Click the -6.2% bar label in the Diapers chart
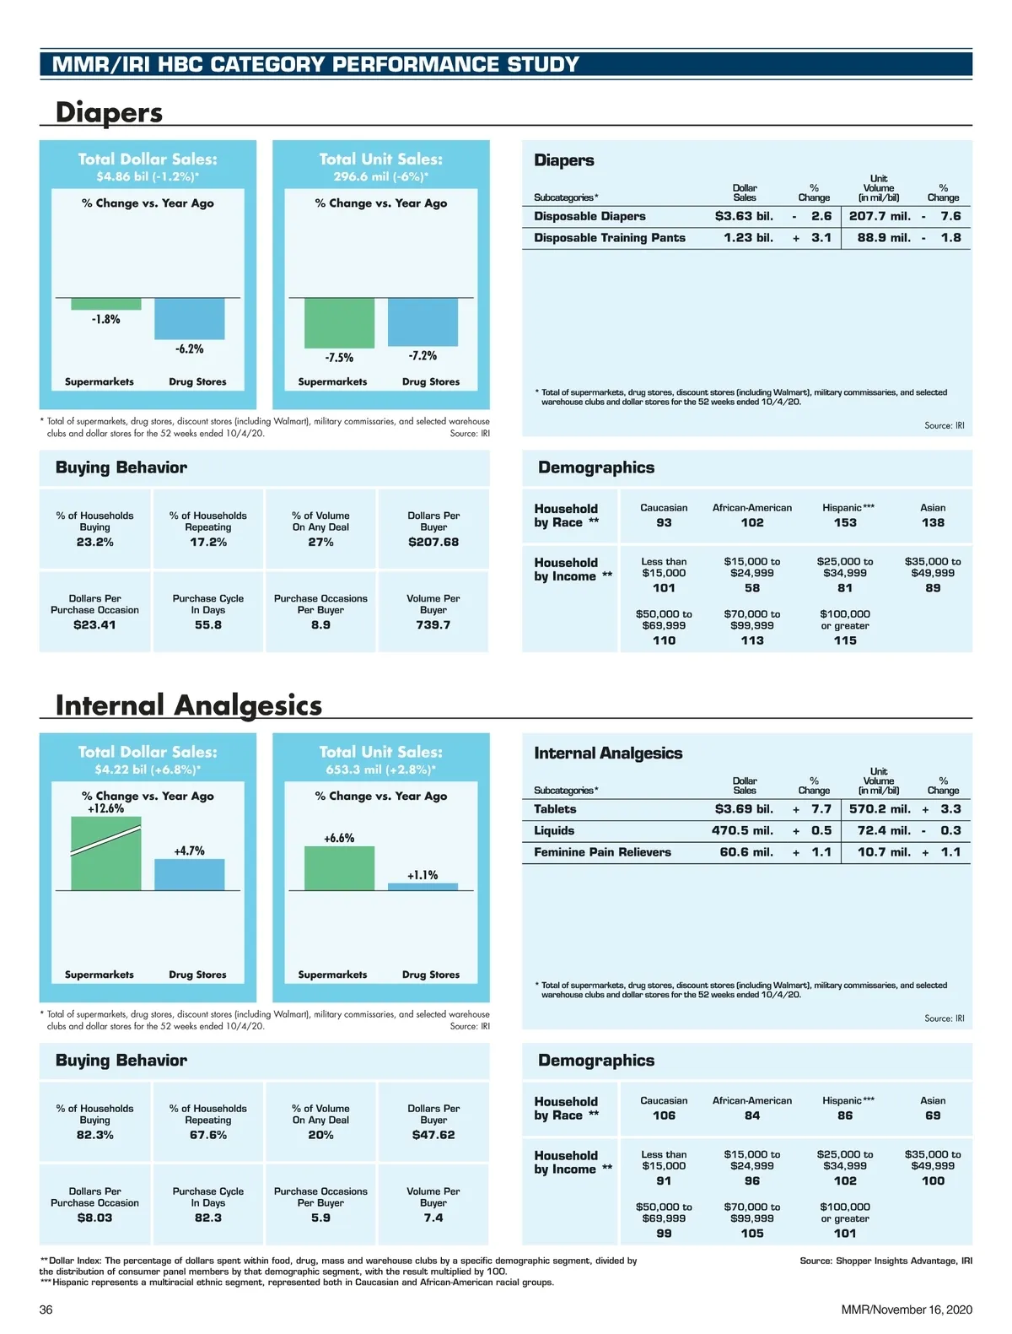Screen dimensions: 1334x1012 tap(189, 348)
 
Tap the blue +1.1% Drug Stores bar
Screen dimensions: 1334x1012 tap(423, 887)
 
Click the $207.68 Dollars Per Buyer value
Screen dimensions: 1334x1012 tap(433, 542)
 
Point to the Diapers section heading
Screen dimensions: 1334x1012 tap(109, 112)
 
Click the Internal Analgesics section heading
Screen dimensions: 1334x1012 tap(188, 705)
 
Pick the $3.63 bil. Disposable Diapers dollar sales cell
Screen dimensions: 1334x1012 tap(744, 216)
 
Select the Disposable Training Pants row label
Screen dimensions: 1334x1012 tap(609, 238)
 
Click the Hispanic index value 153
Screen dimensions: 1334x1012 tap(845, 522)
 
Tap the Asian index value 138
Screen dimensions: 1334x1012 tap(933, 522)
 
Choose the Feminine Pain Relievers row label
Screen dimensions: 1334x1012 tap(602, 852)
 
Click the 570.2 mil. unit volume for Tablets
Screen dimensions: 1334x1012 tap(880, 809)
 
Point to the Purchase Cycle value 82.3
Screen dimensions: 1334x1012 tap(208, 1218)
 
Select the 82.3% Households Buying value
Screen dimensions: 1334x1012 tap(95, 1135)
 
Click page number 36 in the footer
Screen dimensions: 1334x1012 tap(46, 1310)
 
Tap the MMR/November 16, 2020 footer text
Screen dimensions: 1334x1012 tap(907, 1310)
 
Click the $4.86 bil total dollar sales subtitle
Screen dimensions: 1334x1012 tap(148, 176)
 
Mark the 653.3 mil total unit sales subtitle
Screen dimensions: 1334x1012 tap(380, 770)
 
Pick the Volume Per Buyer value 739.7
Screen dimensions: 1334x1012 tap(433, 624)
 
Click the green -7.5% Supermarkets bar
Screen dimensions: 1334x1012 tap(339, 322)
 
